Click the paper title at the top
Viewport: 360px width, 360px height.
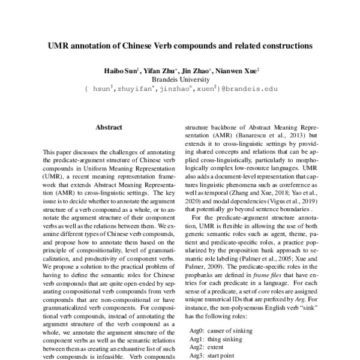(180, 45)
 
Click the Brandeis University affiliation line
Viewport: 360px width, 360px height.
(180, 79)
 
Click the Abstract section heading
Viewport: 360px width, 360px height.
(109, 127)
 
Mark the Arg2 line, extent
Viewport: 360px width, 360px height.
(208, 347)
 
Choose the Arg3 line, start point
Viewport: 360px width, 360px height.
(214, 356)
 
